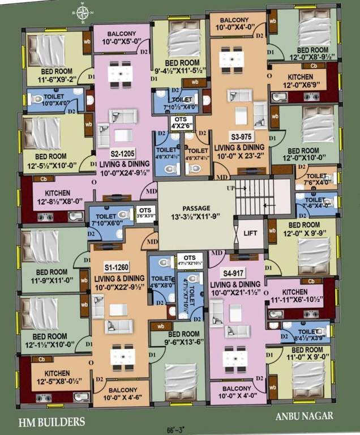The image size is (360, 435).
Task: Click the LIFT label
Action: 250,233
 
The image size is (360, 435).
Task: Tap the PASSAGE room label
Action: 195,211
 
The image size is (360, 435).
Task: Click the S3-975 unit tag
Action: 241,137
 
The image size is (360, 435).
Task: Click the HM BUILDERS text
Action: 52,421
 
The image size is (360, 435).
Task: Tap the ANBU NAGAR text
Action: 305,416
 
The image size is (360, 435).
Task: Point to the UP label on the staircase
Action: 230,187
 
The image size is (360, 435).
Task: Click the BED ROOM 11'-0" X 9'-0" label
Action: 305,354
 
